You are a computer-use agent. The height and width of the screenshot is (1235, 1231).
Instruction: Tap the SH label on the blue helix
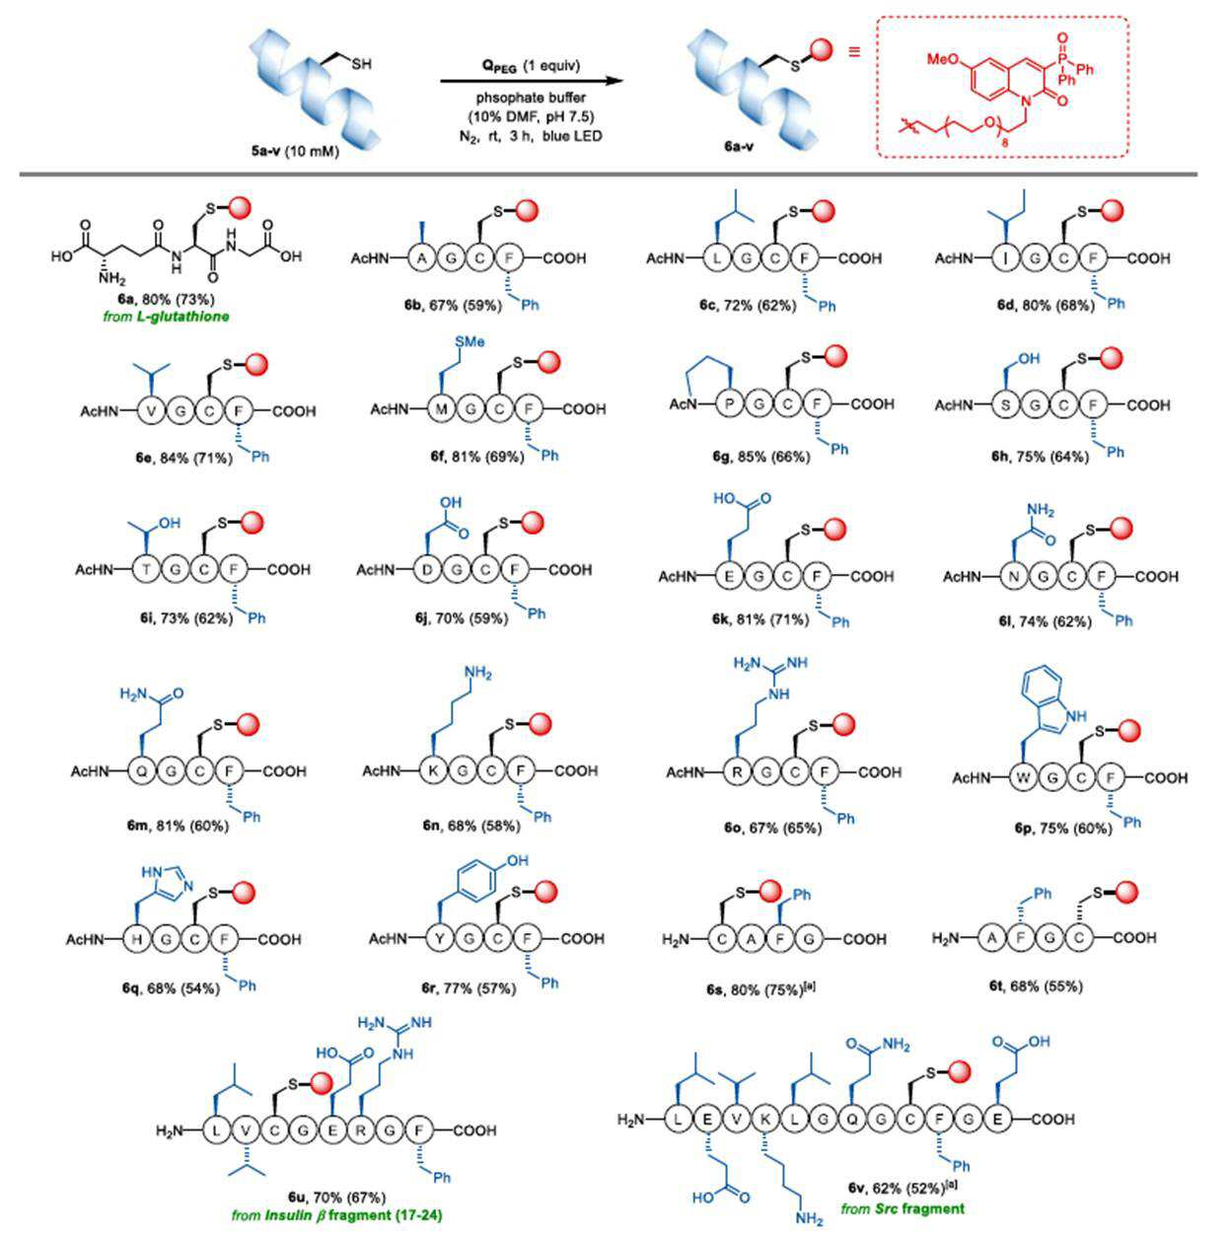coord(362,64)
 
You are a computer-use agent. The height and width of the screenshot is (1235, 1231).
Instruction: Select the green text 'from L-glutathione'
coord(166,317)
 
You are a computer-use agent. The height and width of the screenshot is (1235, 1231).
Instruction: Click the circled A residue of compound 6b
coord(422,258)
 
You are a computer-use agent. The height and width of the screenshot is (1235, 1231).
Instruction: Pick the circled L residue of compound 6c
coord(717,258)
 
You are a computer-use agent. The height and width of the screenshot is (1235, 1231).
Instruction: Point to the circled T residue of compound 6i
coord(147,569)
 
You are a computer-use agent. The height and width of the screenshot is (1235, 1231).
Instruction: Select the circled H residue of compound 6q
coord(136,939)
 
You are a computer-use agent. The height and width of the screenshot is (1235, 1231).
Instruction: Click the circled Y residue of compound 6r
coord(439,939)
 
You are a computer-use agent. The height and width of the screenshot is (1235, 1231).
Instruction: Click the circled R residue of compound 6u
coord(362,1130)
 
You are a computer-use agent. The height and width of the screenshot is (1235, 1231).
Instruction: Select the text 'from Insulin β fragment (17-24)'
coord(337,1214)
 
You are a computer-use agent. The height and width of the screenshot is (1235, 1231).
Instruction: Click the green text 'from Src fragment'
coord(903,1208)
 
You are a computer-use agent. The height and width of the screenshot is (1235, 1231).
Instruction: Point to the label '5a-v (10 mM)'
coord(296,154)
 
